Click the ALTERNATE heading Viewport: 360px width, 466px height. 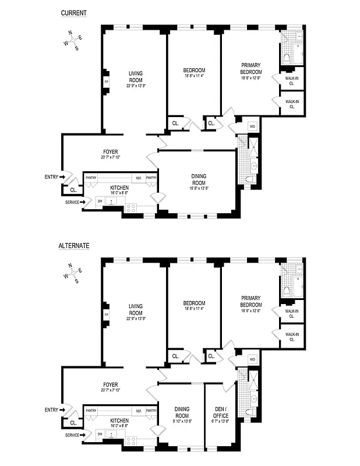tap(74, 246)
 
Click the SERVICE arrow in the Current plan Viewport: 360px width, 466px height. tap(83, 202)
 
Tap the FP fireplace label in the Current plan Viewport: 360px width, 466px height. tap(106, 82)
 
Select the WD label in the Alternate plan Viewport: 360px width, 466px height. tap(252, 359)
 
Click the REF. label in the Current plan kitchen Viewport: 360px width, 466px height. tap(139, 178)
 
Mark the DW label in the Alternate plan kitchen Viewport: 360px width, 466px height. tap(100, 434)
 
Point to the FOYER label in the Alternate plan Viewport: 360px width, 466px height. tap(110, 384)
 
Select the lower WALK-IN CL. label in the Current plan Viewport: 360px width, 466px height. tap(292, 104)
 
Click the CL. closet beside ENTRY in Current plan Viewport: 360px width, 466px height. tap(73, 189)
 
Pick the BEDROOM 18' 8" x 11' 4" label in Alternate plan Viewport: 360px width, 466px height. tap(193, 306)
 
